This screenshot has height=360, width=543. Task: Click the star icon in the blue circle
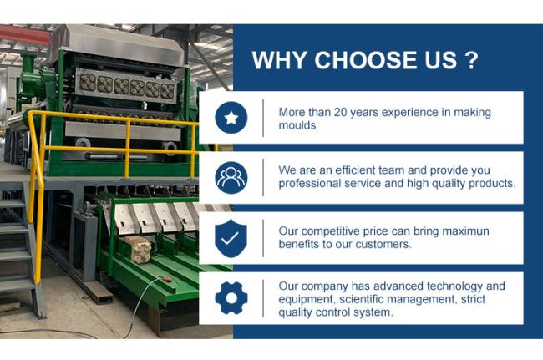[231, 118]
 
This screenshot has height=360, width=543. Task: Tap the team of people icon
[231, 178]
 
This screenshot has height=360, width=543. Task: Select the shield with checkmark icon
[231, 238]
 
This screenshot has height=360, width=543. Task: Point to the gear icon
[231, 298]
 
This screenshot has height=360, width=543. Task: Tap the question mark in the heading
[470, 60]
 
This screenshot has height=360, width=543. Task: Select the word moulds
[297, 125]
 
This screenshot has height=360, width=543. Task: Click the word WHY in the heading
[280, 60]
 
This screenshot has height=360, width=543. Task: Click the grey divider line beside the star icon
[263, 118]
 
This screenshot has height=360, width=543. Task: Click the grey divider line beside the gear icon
[263, 298]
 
